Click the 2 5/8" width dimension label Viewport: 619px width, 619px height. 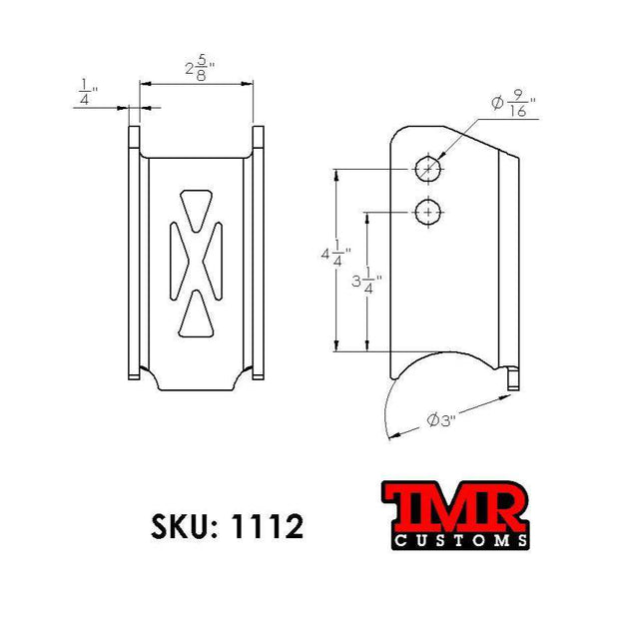pos(200,69)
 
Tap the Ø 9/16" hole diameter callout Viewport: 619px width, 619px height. pos(513,104)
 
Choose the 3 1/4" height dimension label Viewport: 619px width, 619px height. pos(366,281)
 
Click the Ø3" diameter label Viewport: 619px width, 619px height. pos(441,420)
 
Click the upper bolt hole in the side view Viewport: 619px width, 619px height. pos(428,169)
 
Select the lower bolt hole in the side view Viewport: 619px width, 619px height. pos(428,213)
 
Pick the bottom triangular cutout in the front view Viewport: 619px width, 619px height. pos(197,313)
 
